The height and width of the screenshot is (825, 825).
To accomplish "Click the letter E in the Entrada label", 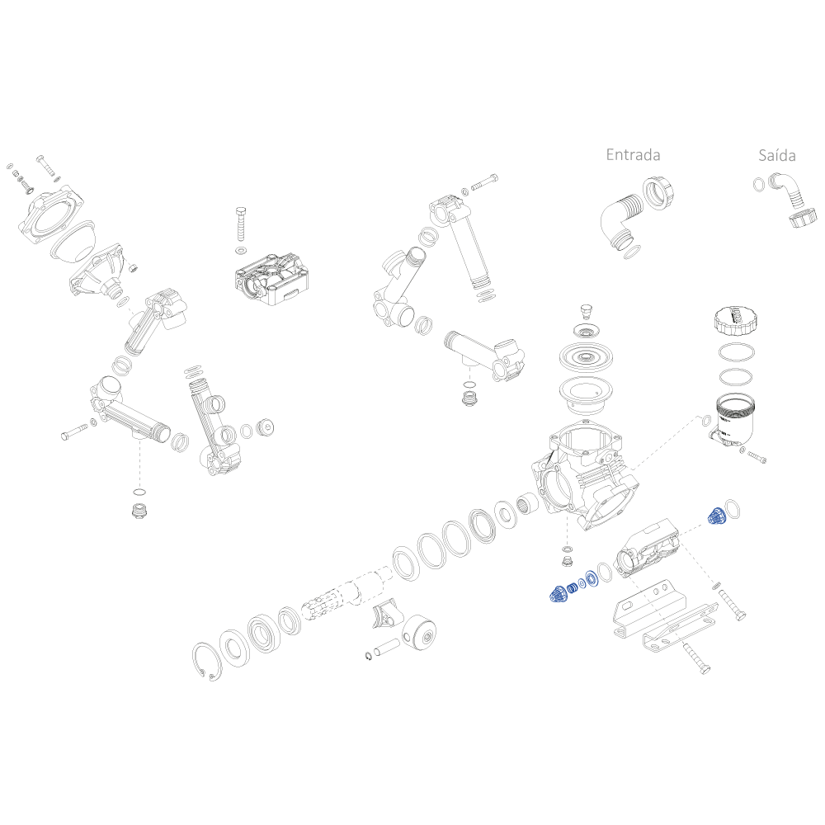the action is point(610,155).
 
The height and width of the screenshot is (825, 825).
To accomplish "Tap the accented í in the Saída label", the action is point(776,155).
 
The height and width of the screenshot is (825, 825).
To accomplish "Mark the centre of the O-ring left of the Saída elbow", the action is point(759,185).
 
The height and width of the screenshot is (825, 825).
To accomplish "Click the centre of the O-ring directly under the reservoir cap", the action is point(737,353).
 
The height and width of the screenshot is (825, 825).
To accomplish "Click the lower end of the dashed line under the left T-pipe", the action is point(139,487).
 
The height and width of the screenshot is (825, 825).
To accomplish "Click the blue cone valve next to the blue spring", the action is point(557,594).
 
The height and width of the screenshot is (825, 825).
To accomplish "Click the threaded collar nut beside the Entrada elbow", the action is point(658,194).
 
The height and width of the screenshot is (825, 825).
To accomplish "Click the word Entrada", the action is point(633,155).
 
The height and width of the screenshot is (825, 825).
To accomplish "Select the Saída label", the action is point(776,155).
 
